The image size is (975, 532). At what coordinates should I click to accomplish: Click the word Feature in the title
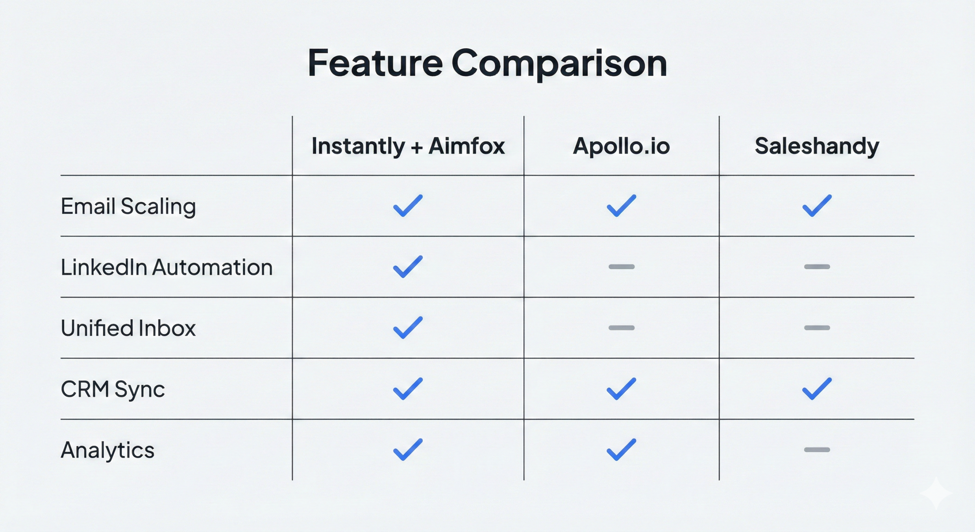tap(375, 63)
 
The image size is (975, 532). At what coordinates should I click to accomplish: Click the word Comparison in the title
tap(559, 65)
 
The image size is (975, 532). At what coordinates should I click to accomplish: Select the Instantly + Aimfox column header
tap(408, 146)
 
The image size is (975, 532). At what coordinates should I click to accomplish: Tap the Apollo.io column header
tap(621, 146)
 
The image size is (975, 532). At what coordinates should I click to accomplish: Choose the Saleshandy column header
tap(817, 146)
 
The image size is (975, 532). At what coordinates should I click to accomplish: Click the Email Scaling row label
tap(128, 207)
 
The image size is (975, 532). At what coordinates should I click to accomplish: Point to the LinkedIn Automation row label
tap(167, 267)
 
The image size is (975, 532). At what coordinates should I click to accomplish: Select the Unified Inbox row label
tap(128, 328)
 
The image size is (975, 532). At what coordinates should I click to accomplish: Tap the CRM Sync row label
tap(113, 389)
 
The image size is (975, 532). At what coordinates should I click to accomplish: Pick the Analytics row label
tap(108, 450)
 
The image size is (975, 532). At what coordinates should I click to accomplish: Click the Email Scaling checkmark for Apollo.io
tap(621, 206)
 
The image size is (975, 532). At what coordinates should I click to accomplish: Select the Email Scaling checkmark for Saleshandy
tap(817, 206)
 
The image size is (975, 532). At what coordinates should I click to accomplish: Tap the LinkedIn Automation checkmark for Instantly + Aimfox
tap(408, 267)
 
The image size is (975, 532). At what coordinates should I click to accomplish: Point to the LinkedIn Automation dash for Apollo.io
tap(622, 267)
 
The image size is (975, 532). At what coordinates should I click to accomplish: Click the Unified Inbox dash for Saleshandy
tap(817, 328)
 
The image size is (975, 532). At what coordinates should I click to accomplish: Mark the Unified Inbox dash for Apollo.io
tap(622, 328)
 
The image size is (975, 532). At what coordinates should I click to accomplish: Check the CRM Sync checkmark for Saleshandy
tap(817, 389)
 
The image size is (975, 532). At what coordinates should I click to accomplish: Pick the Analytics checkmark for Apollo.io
tap(621, 450)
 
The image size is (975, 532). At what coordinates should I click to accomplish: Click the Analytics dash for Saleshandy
tap(817, 450)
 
